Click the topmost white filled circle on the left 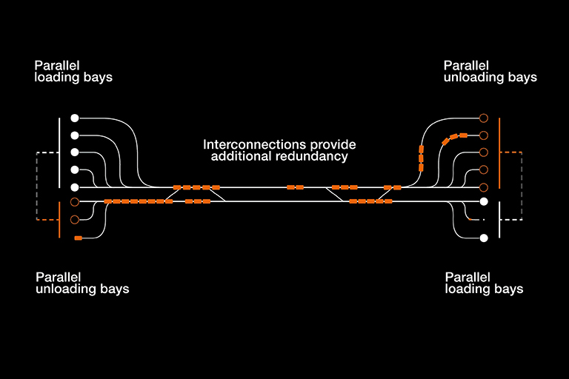click(x=74, y=118)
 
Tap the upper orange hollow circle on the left click(x=74, y=201)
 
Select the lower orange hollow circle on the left click(x=74, y=220)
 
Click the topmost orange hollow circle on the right click(x=484, y=118)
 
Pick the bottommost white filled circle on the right click(x=484, y=238)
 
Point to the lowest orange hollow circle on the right click(x=484, y=187)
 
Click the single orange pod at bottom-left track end click(x=78, y=238)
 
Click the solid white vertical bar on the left click(x=59, y=152)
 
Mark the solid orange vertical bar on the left click(x=59, y=219)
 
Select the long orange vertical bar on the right click(x=500, y=152)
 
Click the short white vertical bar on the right click(x=500, y=219)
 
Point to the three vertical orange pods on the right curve click(x=421, y=158)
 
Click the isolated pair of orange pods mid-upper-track click(x=295, y=187)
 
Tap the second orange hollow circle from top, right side click(x=484, y=135)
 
